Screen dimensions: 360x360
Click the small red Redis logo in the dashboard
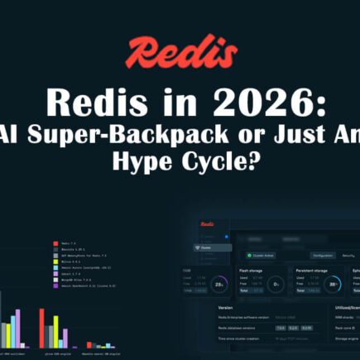(x=207, y=223)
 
